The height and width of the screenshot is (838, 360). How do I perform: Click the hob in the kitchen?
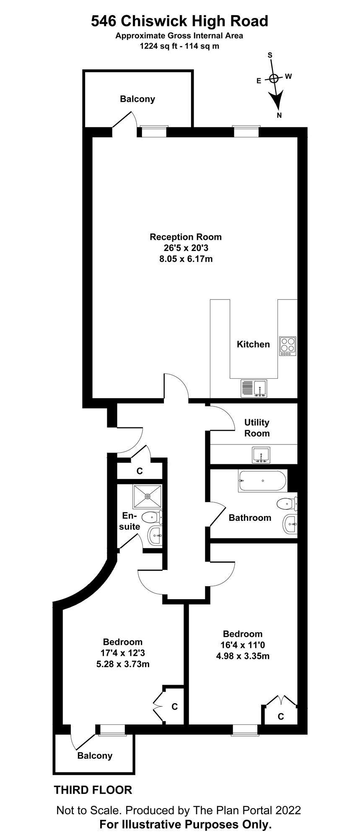pyautogui.click(x=287, y=346)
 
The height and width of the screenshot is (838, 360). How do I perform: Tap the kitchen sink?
pyautogui.click(x=254, y=388)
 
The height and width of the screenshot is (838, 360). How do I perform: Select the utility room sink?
pyautogui.click(x=261, y=455)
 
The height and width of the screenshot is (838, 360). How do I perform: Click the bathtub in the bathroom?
pyautogui.click(x=262, y=481)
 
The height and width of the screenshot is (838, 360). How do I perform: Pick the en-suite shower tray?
pyautogui.click(x=148, y=497)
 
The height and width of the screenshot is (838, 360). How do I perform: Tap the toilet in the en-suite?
pyautogui.click(x=152, y=517)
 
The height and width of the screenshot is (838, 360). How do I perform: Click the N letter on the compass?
pyautogui.click(x=279, y=116)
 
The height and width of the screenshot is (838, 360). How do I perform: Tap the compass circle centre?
pyautogui.click(x=274, y=78)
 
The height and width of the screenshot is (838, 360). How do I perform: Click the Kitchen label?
pyautogui.click(x=254, y=344)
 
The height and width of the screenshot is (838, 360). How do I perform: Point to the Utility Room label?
pyautogui.click(x=257, y=428)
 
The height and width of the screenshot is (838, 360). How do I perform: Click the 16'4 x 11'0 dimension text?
pyautogui.click(x=243, y=645)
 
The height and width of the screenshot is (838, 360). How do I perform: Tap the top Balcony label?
pyautogui.click(x=137, y=99)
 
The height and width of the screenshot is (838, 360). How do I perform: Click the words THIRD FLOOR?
pyautogui.click(x=93, y=790)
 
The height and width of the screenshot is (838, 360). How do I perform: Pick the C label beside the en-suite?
pyautogui.click(x=140, y=471)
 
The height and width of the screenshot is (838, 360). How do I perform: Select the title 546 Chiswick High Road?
pyautogui.click(x=180, y=21)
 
